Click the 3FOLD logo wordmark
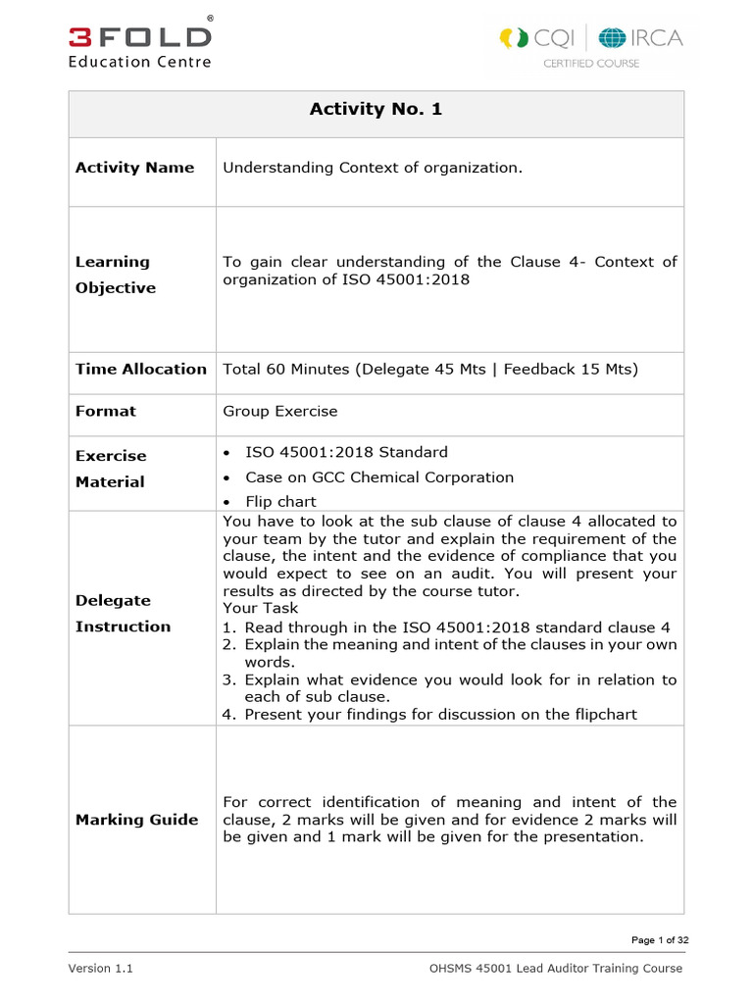[x=139, y=36]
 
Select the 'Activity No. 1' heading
[x=376, y=109]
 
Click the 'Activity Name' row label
[x=134, y=168]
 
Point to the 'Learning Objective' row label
[x=116, y=275]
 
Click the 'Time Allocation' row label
[x=141, y=369]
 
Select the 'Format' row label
[x=106, y=411]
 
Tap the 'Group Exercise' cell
[x=279, y=411]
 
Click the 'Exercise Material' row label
[x=111, y=469]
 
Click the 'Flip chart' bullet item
[x=280, y=502]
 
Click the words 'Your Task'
[x=260, y=608]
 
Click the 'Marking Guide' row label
[x=136, y=820]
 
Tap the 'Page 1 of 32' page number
[x=659, y=940]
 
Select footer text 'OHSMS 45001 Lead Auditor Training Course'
[x=555, y=969]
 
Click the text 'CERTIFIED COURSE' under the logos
[x=591, y=64]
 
